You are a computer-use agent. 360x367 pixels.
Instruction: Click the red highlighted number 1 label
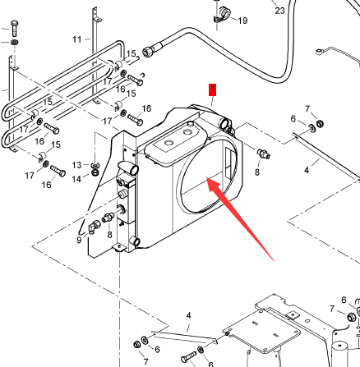(213, 90)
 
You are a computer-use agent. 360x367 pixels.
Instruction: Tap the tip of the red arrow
(206, 178)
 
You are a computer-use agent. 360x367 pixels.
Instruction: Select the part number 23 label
(279, 11)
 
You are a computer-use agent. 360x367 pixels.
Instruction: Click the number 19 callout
(242, 21)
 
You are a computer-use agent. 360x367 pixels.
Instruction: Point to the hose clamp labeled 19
(222, 14)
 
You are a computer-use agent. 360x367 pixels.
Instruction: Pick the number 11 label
(77, 39)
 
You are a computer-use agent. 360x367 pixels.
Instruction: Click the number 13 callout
(77, 165)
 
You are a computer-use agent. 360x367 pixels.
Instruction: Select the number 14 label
(76, 179)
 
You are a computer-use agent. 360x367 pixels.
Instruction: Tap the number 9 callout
(79, 240)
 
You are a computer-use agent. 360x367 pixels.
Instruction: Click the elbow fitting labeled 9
(94, 227)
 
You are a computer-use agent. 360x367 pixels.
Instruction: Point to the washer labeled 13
(95, 166)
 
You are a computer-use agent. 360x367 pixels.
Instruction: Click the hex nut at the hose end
(148, 52)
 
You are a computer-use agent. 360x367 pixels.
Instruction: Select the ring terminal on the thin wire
(320, 51)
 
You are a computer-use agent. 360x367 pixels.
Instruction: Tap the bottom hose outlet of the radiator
(135, 241)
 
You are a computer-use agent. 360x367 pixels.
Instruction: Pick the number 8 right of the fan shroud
(257, 172)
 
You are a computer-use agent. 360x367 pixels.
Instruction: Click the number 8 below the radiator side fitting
(109, 235)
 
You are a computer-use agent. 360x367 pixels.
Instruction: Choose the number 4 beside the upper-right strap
(307, 170)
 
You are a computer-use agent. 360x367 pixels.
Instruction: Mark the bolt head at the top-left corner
(15, 24)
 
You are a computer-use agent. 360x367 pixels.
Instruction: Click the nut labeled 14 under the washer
(95, 173)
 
